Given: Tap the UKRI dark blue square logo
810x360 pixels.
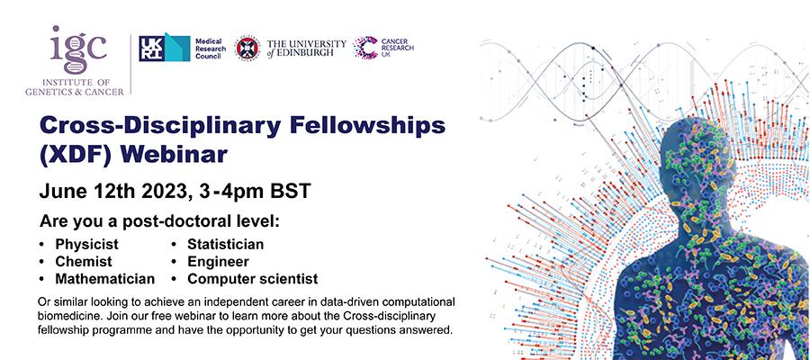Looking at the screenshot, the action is [152, 49].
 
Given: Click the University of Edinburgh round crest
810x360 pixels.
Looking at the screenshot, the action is [247, 49].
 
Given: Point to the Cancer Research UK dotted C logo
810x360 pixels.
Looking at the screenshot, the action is [365, 48].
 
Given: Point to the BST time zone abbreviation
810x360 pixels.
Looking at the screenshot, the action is [291, 191].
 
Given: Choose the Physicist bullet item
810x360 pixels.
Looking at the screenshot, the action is [86, 244].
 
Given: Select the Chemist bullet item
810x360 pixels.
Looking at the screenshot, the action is [84, 261].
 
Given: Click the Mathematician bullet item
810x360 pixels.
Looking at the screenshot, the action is [105, 279].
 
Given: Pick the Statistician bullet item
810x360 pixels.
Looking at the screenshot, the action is [225, 244].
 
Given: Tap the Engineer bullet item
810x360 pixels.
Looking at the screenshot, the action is [218, 262].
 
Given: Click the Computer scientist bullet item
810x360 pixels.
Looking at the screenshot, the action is [252, 279].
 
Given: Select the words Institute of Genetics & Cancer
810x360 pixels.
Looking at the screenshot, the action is [75, 86].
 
